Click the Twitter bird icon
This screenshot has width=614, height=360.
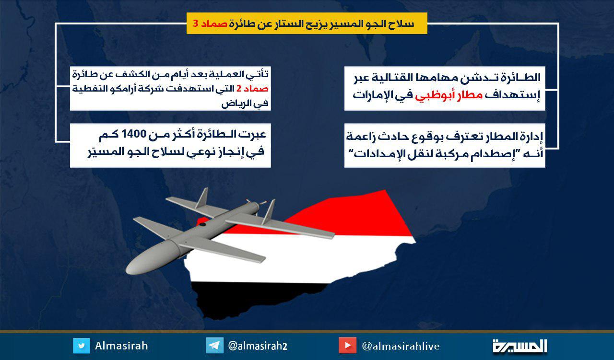coord(82,346)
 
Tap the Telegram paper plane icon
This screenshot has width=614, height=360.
coord(214,346)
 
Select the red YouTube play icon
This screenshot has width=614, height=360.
coord(347,346)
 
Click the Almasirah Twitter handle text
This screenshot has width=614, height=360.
coord(121,346)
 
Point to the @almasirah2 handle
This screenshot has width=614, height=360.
coord(258,346)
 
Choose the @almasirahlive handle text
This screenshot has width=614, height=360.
coord(401,346)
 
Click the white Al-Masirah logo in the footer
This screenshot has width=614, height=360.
coord(520,346)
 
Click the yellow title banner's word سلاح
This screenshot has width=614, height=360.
coord(402,23)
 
